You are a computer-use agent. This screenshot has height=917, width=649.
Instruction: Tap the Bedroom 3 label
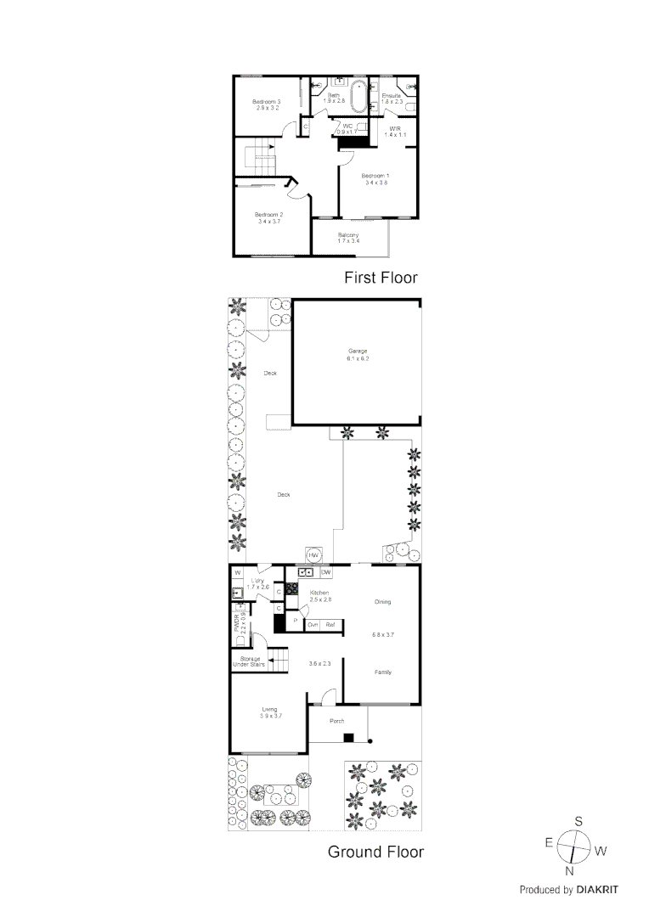point(266,102)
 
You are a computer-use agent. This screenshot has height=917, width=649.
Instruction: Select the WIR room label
point(395,128)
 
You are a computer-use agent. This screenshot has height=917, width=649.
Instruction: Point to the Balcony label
point(348,234)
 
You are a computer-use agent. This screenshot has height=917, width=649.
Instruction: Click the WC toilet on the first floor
point(361,127)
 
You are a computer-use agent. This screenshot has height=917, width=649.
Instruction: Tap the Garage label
point(357,351)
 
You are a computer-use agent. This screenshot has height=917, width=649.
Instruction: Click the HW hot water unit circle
point(313,554)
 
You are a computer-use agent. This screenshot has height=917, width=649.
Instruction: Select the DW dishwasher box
point(325,573)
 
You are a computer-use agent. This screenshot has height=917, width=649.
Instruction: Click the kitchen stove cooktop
point(291,588)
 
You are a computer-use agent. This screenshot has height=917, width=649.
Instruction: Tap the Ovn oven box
point(313,624)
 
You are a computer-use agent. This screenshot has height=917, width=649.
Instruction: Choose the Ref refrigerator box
point(330,624)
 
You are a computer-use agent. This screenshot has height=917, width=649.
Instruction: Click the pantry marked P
point(295,622)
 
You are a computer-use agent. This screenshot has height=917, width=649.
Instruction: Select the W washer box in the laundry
point(238,573)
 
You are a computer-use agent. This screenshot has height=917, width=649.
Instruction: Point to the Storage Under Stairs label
point(250,661)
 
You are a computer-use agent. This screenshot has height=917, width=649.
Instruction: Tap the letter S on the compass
point(578,821)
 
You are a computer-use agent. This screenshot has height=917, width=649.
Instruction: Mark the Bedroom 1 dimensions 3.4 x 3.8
point(375,183)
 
